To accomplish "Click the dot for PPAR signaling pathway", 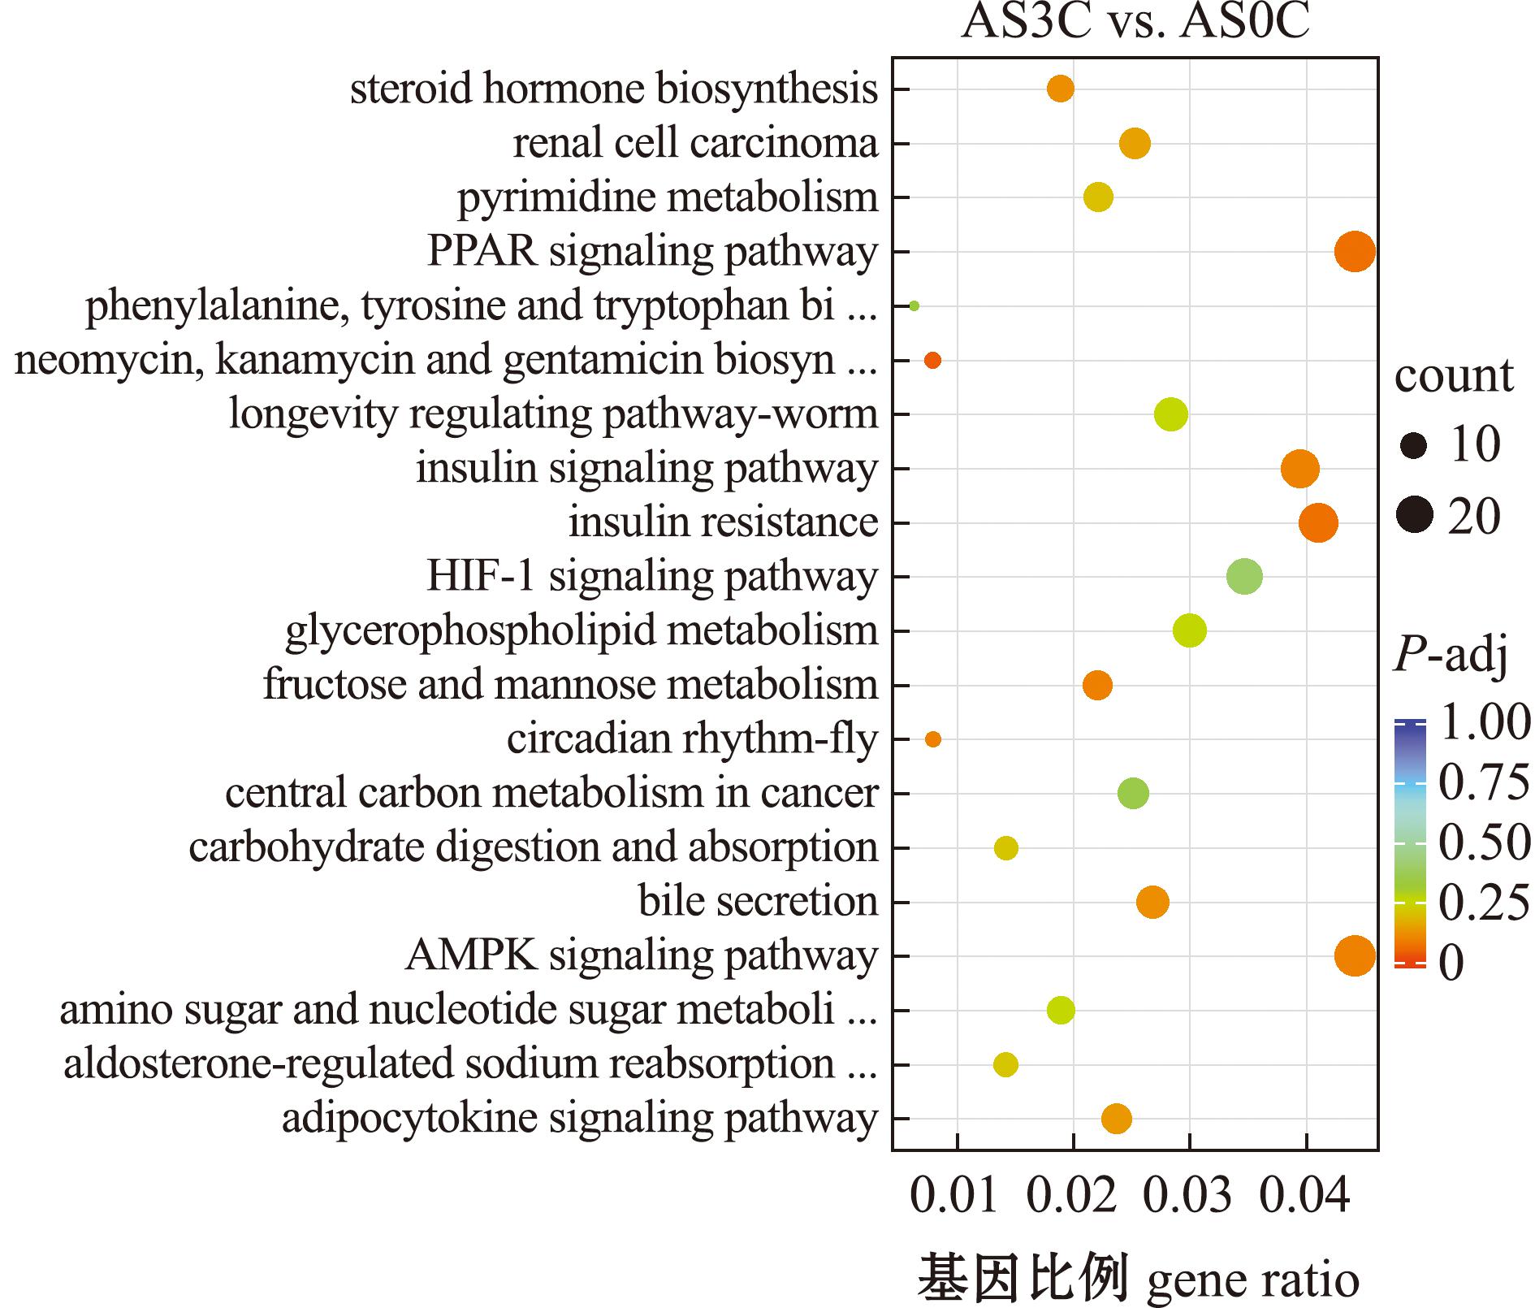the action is click(1355, 252).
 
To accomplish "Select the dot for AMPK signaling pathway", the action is click(1355, 955).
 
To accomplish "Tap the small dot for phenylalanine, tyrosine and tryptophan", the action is click(914, 306).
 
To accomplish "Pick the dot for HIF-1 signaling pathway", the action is click(1244, 577).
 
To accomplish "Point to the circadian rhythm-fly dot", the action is click(932, 739).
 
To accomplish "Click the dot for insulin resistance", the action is click(1317, 522).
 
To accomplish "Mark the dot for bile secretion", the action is click(1152, 902).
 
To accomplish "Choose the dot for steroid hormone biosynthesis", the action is click(1060, 89).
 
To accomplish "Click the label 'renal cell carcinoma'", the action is click(695, 143).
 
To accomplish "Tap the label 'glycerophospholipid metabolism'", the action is click(582, 632).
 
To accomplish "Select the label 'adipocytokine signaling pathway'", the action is click(580, 1119).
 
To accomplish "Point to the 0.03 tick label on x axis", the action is click(1189, 1197).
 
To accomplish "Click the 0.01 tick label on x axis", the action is click(955, 1197).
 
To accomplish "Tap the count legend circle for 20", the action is click(1415, 515).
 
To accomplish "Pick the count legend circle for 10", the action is click(1414, 445).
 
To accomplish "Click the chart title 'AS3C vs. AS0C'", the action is click(1135, 21).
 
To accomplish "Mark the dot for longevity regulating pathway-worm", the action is click(1170, 414).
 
